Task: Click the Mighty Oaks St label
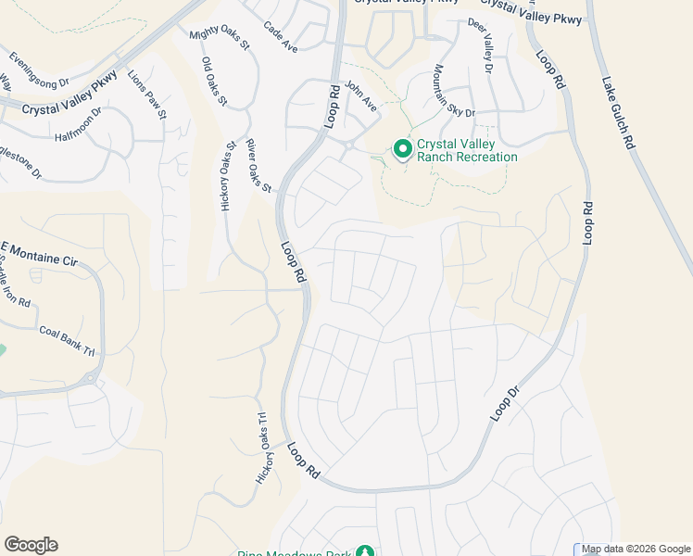220,39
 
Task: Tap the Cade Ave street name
280,37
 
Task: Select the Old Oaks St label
214,82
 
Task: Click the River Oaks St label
258,167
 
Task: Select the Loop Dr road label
500,404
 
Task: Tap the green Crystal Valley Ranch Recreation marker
403,148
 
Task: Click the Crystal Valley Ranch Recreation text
467,150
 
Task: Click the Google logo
31,545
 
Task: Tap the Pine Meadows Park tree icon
367,551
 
